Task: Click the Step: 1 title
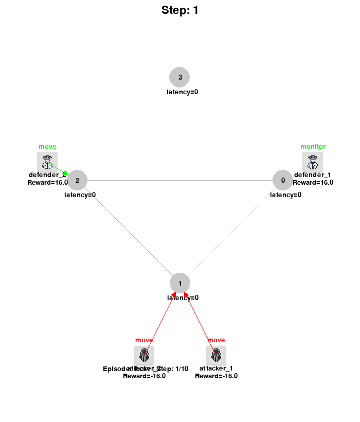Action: coord(179,10)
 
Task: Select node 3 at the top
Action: coord(179,77)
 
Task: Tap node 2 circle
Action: coord(77,180)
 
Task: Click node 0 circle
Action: coord(282,180)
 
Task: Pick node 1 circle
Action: coord(180,283)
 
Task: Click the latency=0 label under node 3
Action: coord(182,92)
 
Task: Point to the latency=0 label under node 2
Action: coord(80,195)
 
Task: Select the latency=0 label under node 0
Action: coord(285,195)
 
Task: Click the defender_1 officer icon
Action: coord(313,162)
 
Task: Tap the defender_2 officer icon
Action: coord(47,162)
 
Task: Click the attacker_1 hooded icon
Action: coord(216,355)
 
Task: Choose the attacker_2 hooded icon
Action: coord(144,355)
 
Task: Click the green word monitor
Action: coord(313,147)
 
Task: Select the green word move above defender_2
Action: coord(47,147)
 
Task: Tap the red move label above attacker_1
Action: coord(216,340)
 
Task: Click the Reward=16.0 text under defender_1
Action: coord(313,182)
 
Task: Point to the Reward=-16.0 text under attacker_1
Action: coord(216,376)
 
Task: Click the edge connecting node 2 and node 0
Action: coord(180,180)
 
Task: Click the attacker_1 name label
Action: coord(216,368)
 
